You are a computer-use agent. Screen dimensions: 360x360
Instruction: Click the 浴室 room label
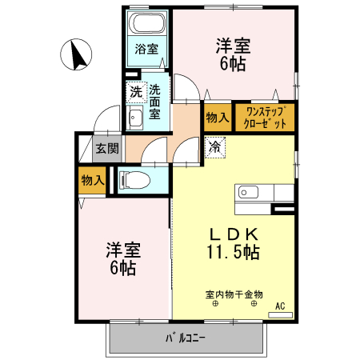[x=146, y=50]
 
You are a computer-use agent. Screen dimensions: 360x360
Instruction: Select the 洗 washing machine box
[x=136, y=91]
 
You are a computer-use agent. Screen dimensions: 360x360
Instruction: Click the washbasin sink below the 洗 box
[x=136, y=119]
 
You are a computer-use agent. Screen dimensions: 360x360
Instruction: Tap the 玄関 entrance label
[x=107, y=148]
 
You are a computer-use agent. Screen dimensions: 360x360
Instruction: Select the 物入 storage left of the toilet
[x=93, y=180]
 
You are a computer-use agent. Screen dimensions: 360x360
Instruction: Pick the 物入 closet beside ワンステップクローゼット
[x=218, y=117]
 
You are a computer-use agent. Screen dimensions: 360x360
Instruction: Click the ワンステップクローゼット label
[x=265, y=117]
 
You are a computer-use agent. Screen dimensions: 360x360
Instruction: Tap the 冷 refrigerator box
[x=214, y=146]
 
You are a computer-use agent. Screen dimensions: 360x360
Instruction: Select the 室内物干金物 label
[x=234, y=294]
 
